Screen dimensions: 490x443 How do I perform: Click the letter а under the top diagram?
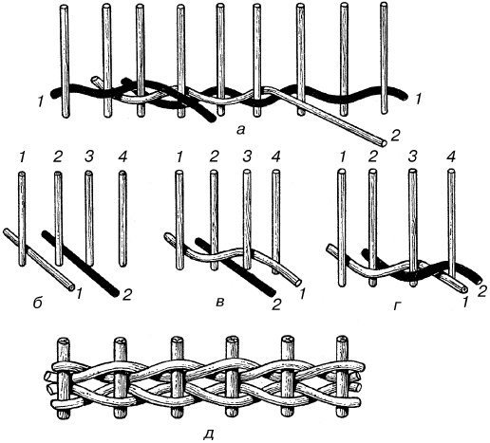(x=241, y=129)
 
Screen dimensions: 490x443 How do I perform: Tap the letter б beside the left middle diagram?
(x=37, y=303)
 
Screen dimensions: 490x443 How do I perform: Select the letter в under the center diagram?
(x=219, y=303)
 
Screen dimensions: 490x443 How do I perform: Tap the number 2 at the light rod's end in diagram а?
(x=396, y=136)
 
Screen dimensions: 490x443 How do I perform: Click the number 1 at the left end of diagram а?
(x=40, y=102)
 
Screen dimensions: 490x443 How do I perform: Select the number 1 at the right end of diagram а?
(x=419, y=100)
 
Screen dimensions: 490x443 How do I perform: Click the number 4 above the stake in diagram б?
(x=122, y=157)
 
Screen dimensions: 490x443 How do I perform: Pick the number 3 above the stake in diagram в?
(x=246, y=157)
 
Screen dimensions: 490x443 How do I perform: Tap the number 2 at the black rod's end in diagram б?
(x=126, y=295)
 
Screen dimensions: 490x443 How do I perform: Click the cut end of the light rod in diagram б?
(x=71, y=287)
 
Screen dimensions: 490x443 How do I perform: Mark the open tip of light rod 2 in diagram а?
(x=384, y=142)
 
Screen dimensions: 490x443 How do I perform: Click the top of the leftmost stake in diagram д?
(x=64, y=341)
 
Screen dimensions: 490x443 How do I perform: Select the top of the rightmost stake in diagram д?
(x=342, y=340)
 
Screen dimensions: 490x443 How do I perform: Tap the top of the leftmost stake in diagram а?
(x=65, y=7)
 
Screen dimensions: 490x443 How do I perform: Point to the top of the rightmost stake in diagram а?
(x=384, y=5)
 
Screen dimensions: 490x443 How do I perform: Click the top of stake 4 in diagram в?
(x=276, y=173)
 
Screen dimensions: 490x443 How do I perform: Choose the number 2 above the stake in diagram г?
(x=372, y=157)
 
